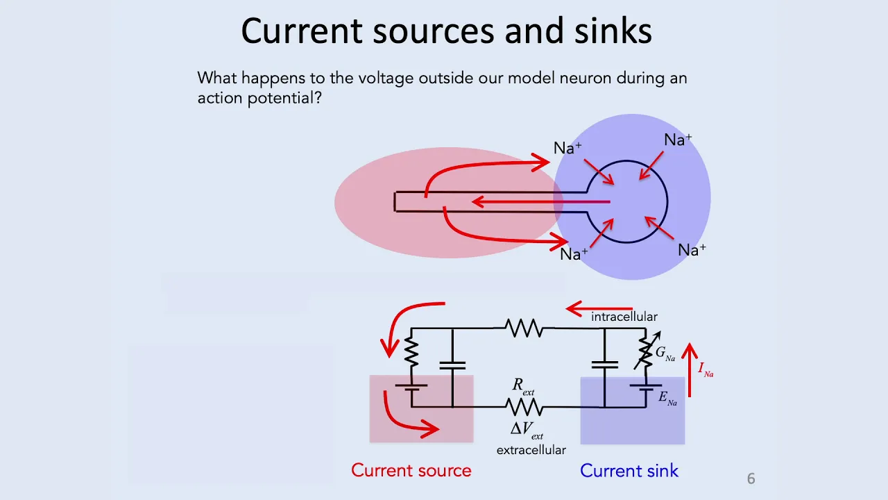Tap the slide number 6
pyautogui.click(x=751, y=478)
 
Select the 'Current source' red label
pyautogui.click(x=411, y=471)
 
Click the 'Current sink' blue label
pyautogui.click(x=629, y=471)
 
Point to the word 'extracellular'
pyautogui.click(x=531, y=450)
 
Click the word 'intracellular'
pyautogui.click(x=624, y=317)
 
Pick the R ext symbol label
pyautogui.click(x=523, y=386)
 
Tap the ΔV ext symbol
pyautogui.click(x=527, y=431)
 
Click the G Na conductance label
pyautogui.click(x=665, y=353)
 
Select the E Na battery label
pyautogui.click(x=667, y=398)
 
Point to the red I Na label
pyautogui.click(x=706, y=369)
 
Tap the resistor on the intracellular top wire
pyautogui.click(x=524, y=328)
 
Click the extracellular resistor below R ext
pyautogui.click(x=524, y=407)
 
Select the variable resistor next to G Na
pyautogui.click(x=646, y=350)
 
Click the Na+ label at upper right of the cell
pyautogui.click(x=678, y=140)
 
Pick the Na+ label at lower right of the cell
pyautogui.click(x=692, y=250)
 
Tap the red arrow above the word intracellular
pyautogui.click(x=599, y=309)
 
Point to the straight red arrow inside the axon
pyautogui.click(x=541, y=202)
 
